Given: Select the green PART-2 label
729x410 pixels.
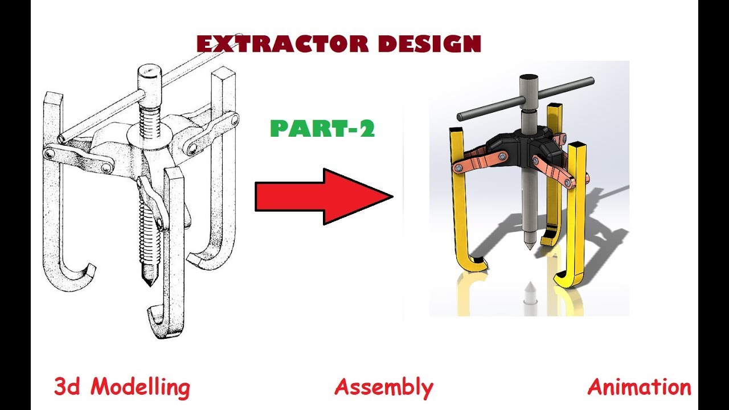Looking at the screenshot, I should point(322,129).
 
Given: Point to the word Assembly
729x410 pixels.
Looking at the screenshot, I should point(383,388).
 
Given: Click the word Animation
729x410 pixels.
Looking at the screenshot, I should point(639,388).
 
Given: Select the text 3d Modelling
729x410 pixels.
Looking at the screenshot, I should point(122,388).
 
